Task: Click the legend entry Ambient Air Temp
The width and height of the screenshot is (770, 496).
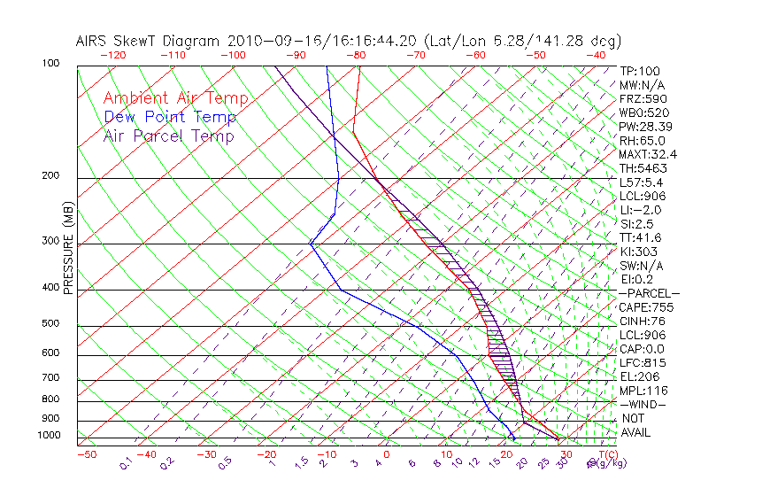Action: tap(175, 98)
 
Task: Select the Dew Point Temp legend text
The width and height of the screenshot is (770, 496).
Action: tap(170, 117)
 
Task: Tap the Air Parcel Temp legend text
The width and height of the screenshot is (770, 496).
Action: tap(169, 136)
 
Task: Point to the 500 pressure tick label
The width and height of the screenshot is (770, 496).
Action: tap(50, 325)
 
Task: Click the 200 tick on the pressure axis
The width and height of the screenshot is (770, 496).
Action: tap(50, 176)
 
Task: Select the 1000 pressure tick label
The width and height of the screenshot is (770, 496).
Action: tap(48, 436)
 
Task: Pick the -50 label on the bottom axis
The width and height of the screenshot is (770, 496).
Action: tap(86, 454)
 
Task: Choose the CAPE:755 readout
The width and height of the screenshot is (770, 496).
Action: tap(643, 307)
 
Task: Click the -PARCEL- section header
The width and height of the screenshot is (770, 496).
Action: tap(649, 293)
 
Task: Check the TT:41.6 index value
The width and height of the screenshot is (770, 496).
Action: tap(640, 237)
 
